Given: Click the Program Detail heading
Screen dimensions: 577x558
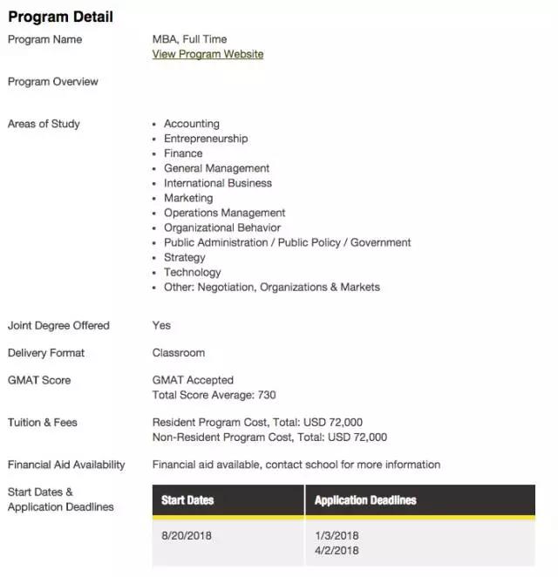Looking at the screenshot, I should [x=60, y=17].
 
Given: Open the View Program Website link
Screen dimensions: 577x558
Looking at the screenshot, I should [x=208, y=54].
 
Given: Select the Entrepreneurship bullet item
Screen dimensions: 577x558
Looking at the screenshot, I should [x=206, y=139].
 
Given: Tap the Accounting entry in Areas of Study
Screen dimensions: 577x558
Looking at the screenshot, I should [x=192, y=124].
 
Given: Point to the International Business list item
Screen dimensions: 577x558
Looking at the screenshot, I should [x=218, y=183].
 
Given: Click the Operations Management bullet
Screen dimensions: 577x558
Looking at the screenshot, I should [x=224, y=213].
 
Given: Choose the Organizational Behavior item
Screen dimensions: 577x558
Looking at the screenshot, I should [x=222, y=227].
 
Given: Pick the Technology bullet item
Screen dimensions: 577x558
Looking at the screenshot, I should [x=193, y=272].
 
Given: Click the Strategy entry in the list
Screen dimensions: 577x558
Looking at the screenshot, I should [x=185, y=257].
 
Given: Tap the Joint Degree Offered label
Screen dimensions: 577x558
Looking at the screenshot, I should [x=58, y=326].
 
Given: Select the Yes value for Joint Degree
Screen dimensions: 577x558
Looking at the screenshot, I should [x=161, y=326].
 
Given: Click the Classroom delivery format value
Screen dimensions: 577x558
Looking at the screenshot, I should [x=179, y=353].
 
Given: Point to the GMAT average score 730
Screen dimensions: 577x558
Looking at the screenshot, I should [x=266, y=395].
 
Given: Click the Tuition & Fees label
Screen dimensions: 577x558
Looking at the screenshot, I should [x=43, y=423].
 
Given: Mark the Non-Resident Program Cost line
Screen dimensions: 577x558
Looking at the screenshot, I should [x=269, y=437].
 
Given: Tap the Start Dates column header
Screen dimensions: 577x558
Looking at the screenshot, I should [x=187, y=500].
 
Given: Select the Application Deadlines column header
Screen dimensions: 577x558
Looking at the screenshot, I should [x=365, y=500].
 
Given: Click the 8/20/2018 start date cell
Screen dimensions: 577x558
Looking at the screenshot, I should [x=186, y=535].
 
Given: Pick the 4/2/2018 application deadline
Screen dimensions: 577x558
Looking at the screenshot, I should [x=337, y=550].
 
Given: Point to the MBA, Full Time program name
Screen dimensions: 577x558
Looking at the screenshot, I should [x=189, y=39].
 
